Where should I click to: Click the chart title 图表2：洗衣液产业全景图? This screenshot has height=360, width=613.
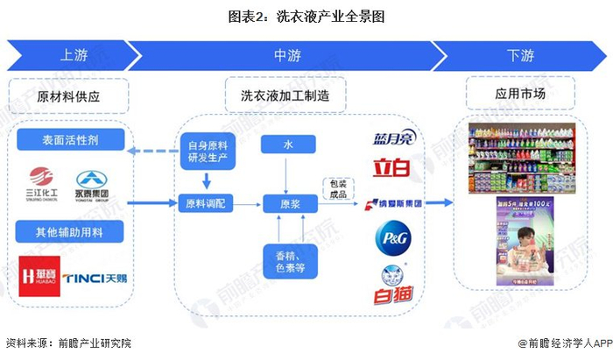[x=306, y=16]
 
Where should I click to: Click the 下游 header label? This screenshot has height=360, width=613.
[x=519, y=55]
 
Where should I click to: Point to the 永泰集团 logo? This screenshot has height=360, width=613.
[x=91, y=183]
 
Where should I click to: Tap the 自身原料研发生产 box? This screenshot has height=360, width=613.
[x=207, y=151]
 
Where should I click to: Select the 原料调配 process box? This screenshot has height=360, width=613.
[x=207, y=202]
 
